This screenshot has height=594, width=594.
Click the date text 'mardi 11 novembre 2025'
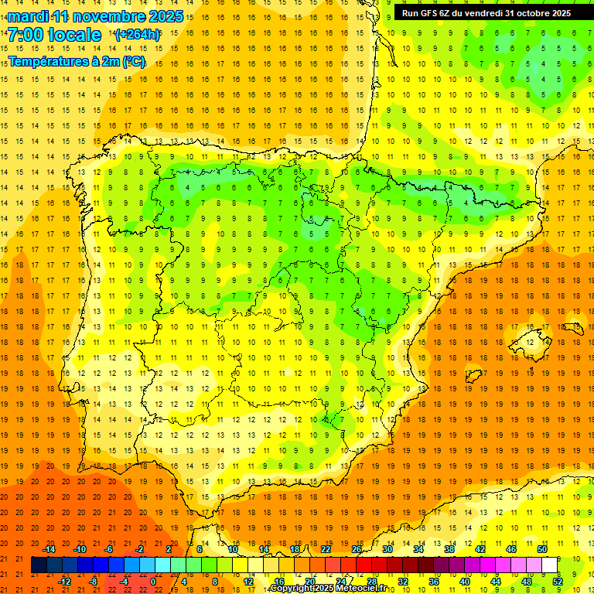pos(96,16)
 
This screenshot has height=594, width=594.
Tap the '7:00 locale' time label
pos(54,35)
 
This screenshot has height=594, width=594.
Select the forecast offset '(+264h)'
pos(138,35)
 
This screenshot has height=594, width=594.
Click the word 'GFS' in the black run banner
pos(432,13)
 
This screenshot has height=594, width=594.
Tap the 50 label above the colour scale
pos(541,549)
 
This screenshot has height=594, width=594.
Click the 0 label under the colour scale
pos(153,582)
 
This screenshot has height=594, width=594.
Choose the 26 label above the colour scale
pos(357,549)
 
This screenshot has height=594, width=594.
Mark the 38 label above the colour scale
pos(449,549)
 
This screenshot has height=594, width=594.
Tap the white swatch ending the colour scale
pos(550,565)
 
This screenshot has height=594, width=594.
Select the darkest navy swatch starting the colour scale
pos(39,565)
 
